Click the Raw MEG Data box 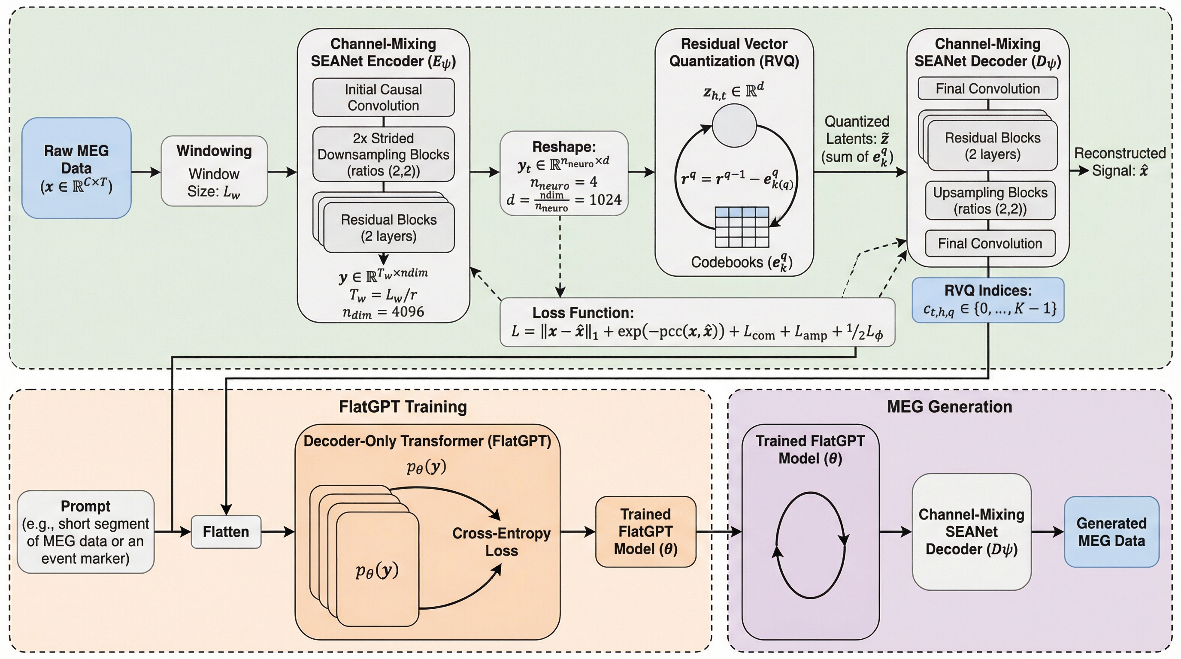tap(76, 168)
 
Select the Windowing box tap(214, 170)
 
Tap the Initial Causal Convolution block tap(383, 97)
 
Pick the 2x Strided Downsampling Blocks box tap(383, 154)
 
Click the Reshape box tap(564, 173)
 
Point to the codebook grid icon tap(742, 227)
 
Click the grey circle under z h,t tap(734, 125)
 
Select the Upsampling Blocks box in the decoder tap(990, 201)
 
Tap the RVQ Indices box tap(988, 300)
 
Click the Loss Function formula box tap(697, 322)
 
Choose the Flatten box tap(226, 532)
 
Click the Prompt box tap(85, 532)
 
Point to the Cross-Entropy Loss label tap(501, 542)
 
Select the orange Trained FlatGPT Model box tap(645, 532)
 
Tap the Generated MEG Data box tap(1111, 532)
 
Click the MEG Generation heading tap(949, 406)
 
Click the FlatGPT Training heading tap(403, 406)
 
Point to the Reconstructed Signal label tap(1120, 162)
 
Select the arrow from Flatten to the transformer tap(278, 532)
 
